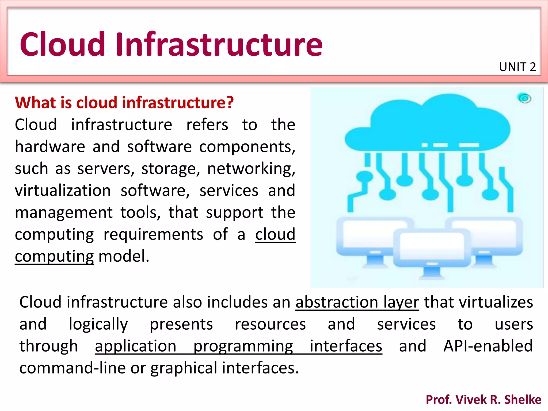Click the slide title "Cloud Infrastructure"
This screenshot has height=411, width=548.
tap(171, 44)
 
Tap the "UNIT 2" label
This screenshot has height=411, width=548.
tap(517, 67)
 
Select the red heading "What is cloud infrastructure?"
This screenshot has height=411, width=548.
tap(124, 102)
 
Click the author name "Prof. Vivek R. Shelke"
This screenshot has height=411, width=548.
tap(484, 399)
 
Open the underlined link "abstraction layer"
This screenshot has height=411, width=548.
tap(357, 302)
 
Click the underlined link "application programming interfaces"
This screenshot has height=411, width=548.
tap(238, 346)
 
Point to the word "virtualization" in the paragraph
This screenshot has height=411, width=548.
tap(63, 191)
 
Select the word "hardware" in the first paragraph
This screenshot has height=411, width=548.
tap(50, 147)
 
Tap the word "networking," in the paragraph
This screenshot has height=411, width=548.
tap(251, 169)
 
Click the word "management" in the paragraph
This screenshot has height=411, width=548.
tap(64, 212)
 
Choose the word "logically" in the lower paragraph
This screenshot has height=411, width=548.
tap(98, 324)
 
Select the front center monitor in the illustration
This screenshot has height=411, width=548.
tap(431, 248)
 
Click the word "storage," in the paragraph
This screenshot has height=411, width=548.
tap(171, 169)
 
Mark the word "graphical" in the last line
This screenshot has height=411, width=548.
tap(184, 368)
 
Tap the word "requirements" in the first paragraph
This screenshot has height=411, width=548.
tap(153, 234)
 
